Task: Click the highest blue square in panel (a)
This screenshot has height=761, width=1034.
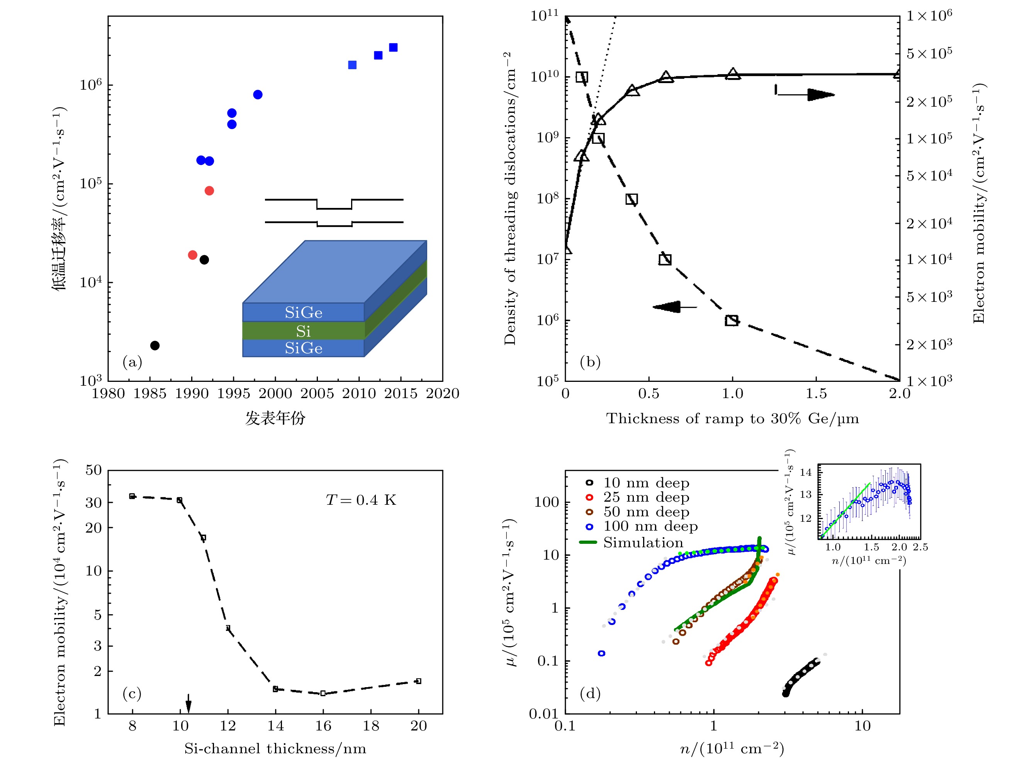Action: pos(393,48)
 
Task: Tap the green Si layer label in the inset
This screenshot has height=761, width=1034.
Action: pos(303,331)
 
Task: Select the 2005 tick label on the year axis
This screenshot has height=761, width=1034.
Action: pos(317,393)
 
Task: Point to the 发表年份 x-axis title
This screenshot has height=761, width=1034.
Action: pos(275,418)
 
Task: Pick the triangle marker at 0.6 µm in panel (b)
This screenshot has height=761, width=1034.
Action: pos(666,77)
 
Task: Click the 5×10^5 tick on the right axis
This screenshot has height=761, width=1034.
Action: pos(929,53)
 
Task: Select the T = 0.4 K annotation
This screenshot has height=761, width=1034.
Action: pos(361,500)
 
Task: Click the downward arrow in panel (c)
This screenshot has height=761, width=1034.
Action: pos(188,703)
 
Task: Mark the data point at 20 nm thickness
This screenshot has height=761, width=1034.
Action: pos(418,681)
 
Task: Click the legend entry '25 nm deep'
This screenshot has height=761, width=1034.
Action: pos(646,497)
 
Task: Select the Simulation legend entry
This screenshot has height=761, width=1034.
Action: pos(643,543)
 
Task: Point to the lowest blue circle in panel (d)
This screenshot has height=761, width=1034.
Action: pos(601,653)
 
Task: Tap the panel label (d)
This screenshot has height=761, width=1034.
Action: pos(590,693)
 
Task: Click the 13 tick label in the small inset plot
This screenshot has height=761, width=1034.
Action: pos(806,495)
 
